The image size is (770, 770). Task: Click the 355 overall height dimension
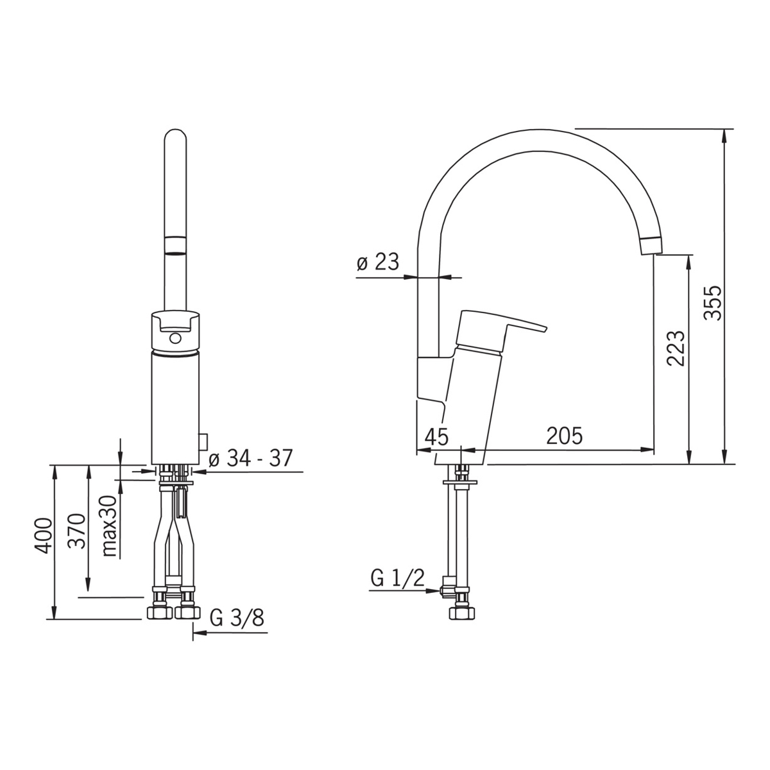712,303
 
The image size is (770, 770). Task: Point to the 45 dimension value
436,437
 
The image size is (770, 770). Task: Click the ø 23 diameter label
377,262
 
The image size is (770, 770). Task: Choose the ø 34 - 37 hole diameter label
251,458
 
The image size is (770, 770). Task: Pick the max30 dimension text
109,526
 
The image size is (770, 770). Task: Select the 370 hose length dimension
77,531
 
